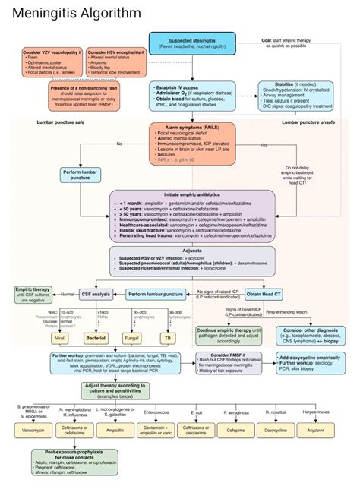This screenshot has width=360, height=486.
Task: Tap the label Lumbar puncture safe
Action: tap(61, 121)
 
